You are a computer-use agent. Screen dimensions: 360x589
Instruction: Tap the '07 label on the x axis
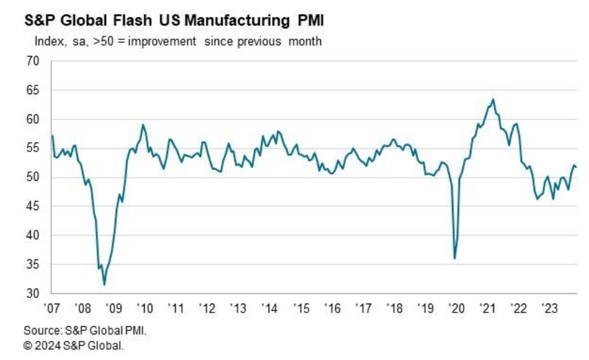coord(52,306)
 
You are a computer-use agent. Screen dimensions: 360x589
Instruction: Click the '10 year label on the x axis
coord(146,306)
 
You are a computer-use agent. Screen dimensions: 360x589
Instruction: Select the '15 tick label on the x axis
coord(300,306)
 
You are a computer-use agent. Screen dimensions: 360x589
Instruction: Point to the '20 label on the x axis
coord(455,306)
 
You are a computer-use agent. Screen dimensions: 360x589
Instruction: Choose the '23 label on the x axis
coord(549,306)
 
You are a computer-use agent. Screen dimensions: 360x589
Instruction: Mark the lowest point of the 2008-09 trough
coord(104,284)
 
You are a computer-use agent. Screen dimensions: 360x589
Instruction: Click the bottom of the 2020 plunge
coord(455,258)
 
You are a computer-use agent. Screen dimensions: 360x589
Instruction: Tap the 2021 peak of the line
coord(493,99)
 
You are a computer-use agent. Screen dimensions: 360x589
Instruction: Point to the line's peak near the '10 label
coord(143,125)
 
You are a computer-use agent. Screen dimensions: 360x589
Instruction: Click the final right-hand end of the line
coord(577,167)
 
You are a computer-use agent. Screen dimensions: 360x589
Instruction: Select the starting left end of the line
coord(52,136)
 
